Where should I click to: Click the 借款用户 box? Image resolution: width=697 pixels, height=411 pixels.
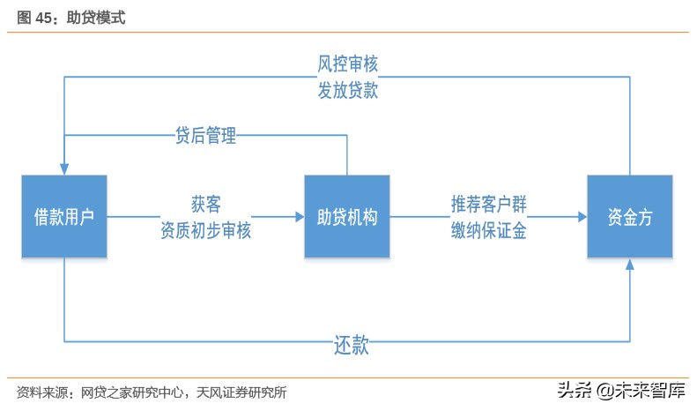pyautogui.click(x=64, y=216)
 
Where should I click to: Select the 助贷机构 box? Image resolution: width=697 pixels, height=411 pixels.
pyautogui.click(x=347, y=216)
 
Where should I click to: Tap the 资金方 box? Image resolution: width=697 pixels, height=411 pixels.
pyautogui.click(x=630, y=216)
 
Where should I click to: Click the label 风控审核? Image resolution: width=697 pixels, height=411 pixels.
pyautogui.click(x=347, y=64)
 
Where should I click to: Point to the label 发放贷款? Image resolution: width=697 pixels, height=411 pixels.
pyautogui.click(x=347, y=91)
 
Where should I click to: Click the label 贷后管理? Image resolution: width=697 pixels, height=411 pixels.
pyautogui.click(x=205, y=135)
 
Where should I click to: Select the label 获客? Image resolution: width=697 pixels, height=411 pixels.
pyautogui.click(x=205, y=203)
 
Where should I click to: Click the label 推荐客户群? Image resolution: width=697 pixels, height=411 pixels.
pyautogui.click(x=489, y=203)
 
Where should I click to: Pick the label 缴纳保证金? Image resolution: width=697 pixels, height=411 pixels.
pyautogui.click(x=489, y=230)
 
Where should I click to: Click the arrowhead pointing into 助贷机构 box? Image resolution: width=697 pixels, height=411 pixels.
pyautogui.click(x=298, y=216)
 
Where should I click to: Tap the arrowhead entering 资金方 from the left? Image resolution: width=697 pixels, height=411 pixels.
pyautogui.click(x=581, y=216)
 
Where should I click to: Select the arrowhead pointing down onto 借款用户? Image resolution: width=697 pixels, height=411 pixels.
pyautogui.click(x=64, y=168)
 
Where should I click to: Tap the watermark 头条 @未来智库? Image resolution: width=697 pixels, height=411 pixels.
pyautogui.click(x=621, y=389)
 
